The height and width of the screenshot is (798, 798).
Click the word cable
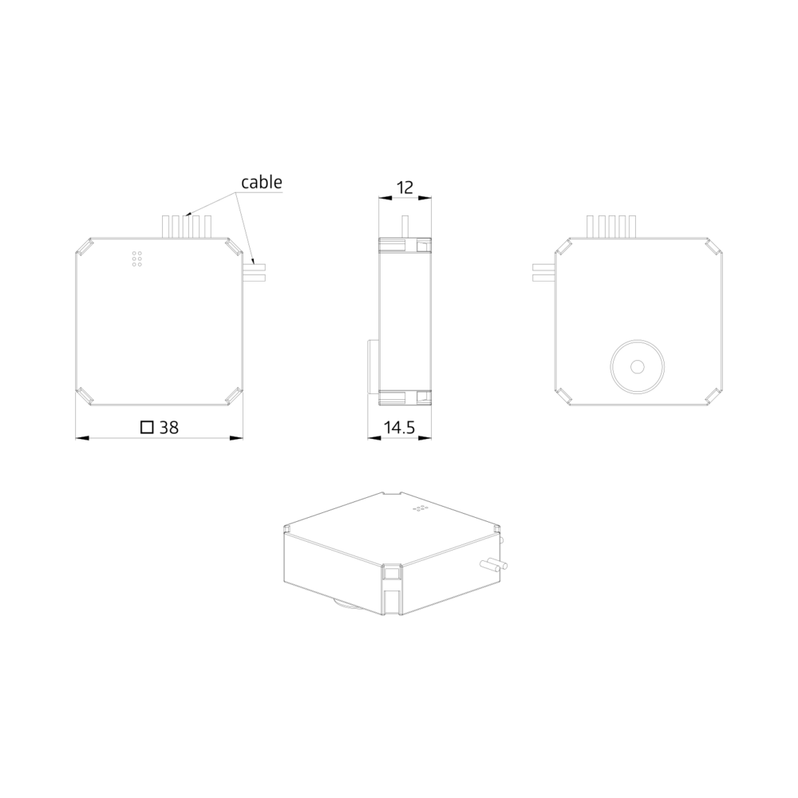(x=262, y=182)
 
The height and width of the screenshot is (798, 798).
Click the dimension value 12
(x=405, y=188)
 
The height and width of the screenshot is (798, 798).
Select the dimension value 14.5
(x=400, y=428)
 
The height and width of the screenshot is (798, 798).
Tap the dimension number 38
(x=169, y=428)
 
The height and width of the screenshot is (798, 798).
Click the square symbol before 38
(x=147, y=427)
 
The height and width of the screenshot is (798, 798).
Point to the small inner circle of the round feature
(x=637, y=366)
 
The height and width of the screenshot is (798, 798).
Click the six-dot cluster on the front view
(x=137, y=259)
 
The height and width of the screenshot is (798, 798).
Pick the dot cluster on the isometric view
(x=421, y=508)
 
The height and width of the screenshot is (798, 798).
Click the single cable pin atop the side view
(x=405, y=227)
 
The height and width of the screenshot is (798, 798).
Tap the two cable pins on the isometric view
(x=494, y=564)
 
